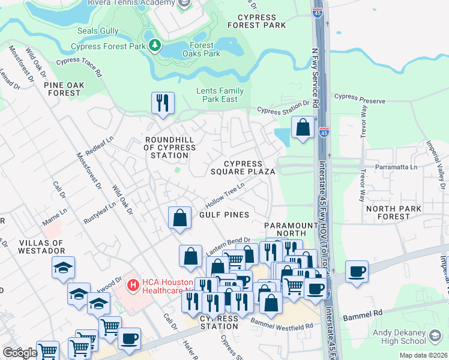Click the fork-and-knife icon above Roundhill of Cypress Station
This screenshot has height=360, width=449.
click(x=163, y=103)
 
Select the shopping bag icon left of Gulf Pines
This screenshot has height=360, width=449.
click(x=179, y=218)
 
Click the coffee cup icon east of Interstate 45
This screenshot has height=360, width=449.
click(x=357, y=271)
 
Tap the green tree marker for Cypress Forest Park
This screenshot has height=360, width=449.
click(x=154, y=45)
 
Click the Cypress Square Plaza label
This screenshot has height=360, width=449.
click(x=243, y=167)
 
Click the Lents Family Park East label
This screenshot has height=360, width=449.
click(x=220, y=95)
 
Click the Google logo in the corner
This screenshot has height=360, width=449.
click(x=20, y=353)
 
